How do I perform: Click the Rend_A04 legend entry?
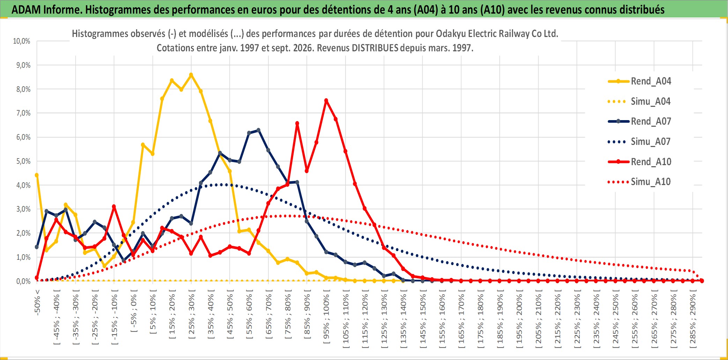pos(639,81)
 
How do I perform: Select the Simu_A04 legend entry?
pos(639,101)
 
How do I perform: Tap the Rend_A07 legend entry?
pos(639,121)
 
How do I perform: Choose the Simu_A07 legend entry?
pos(639,141)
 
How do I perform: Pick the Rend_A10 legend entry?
pos(639,162)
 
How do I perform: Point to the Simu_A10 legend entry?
pos(639,182)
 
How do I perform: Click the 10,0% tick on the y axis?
pos(22,41)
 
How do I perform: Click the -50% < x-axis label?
pos(37,302)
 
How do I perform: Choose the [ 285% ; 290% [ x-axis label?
pos(693,318)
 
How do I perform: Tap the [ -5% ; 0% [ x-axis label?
pos(134,310)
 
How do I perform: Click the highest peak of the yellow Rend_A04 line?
pos(191,75)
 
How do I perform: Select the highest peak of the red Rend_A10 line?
pos(326,101)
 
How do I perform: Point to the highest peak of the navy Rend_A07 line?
pos(259,130)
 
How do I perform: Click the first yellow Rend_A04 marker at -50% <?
pos(37,175)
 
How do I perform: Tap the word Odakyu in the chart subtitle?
pos(452,34)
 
